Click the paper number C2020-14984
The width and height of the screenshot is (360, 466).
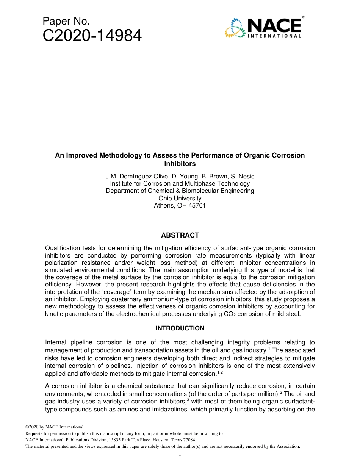click(92, 36)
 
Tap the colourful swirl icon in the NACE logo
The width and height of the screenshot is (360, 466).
click(235, 28)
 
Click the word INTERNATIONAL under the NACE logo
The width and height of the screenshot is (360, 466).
click(275, 36)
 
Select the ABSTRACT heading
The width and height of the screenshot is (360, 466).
click(180, 235)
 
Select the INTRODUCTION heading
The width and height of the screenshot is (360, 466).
click(180, 328)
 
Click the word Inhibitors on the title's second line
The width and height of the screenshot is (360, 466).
click(180, 164)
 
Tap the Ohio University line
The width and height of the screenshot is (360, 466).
click(180, 198)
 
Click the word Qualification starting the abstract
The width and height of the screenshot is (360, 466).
click(63, 248)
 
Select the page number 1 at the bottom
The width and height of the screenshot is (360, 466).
click(180, 454)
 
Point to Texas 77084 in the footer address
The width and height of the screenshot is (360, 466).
click(184, 440)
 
